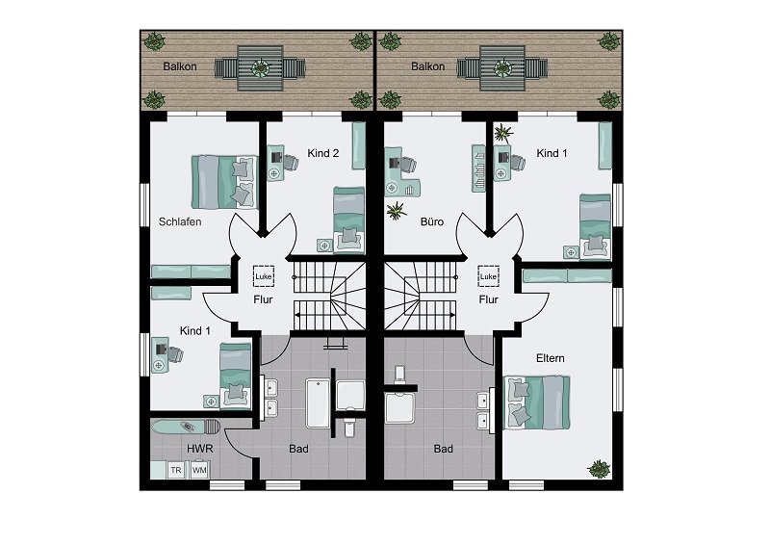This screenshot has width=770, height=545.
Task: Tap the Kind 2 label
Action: coord(322,154)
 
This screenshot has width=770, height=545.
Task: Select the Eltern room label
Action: coord(551,358)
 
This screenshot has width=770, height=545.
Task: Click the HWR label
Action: coord(200,449)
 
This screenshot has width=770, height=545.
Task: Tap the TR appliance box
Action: coord(176,470)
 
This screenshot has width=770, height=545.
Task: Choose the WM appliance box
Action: coord(199,470)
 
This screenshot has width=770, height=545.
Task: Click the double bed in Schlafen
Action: coord(225,180)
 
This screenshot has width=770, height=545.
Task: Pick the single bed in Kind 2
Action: coord(348,219)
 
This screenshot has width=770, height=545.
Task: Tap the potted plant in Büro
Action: coord(395,212)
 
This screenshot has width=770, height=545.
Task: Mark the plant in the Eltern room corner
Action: coord(599,469)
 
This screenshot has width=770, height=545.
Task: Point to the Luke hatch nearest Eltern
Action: coord(488,276)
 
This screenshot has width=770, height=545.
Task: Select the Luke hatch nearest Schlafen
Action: coord(264,276)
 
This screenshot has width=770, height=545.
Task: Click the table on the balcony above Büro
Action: coord(501,68)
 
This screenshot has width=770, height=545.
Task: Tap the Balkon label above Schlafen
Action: coord(182,66)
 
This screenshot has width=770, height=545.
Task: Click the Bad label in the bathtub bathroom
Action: coord(299,449)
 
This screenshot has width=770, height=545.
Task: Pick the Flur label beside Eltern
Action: coord(489,299)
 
